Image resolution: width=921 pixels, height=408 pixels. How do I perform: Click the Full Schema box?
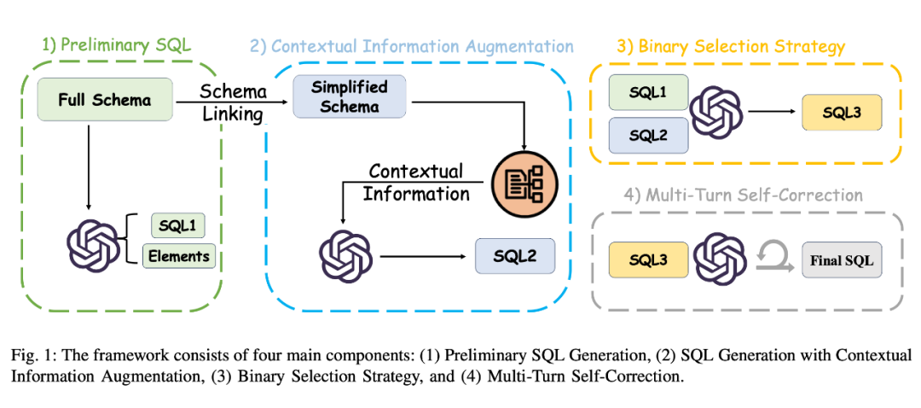(105, 100)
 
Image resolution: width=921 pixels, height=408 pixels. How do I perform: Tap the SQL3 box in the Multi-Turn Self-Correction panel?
(646, 259)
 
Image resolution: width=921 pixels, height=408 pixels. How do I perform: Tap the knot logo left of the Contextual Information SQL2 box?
(345, 254)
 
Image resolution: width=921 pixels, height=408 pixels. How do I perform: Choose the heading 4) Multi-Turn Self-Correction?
(745, 195)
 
